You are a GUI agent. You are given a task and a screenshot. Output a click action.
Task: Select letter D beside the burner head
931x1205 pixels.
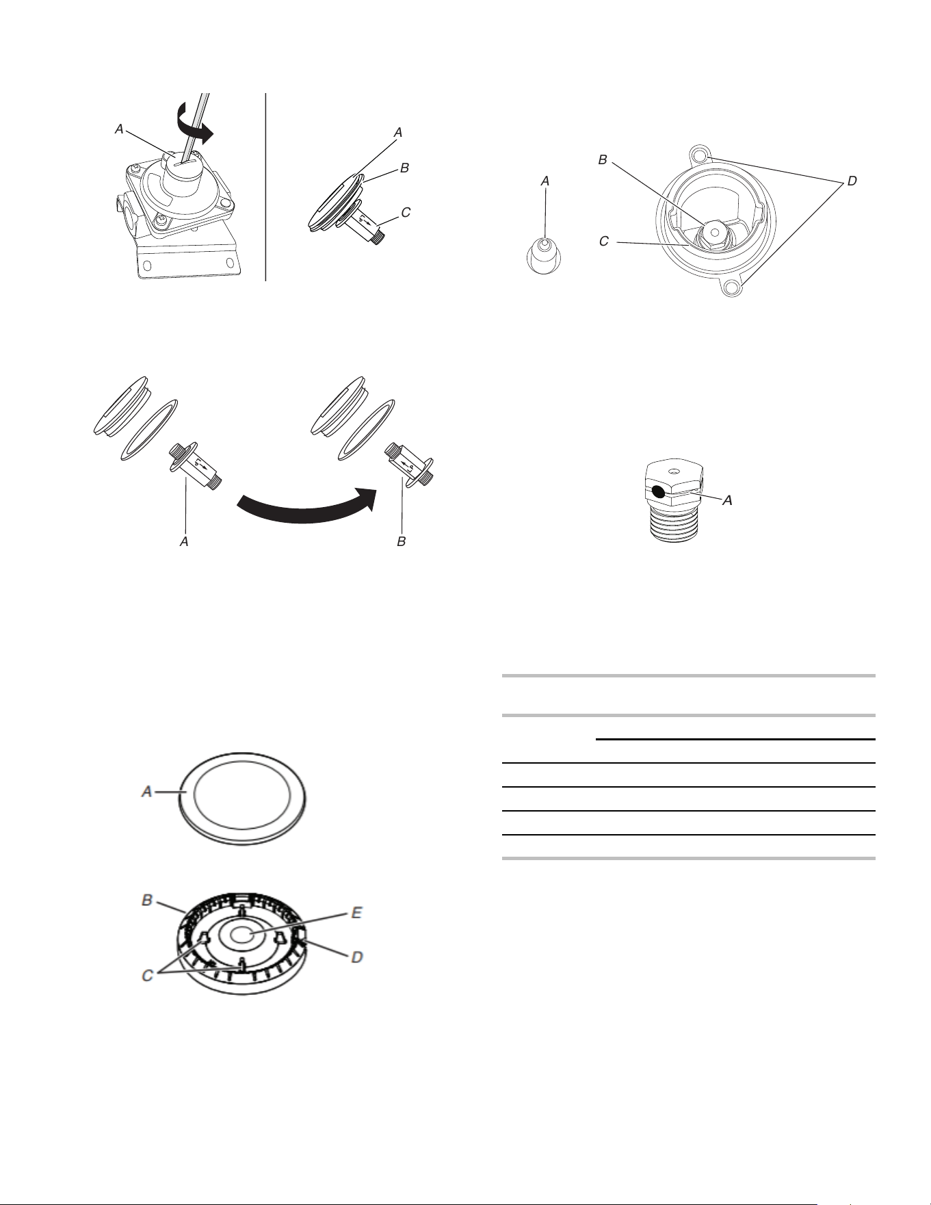357,957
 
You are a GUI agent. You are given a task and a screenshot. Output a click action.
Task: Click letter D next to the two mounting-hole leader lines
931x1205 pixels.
852,181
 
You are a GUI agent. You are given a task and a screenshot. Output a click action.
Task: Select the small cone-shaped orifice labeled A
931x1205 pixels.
544,255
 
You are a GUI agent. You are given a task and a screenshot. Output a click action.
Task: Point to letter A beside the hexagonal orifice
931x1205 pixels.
729,501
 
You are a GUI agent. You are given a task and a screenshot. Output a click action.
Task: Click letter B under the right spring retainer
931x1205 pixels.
402,541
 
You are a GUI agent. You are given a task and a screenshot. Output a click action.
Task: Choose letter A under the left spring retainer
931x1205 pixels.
184,541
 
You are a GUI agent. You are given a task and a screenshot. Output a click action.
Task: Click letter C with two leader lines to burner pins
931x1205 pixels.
147,975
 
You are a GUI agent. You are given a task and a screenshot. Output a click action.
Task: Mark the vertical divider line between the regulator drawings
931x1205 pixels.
265,187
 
